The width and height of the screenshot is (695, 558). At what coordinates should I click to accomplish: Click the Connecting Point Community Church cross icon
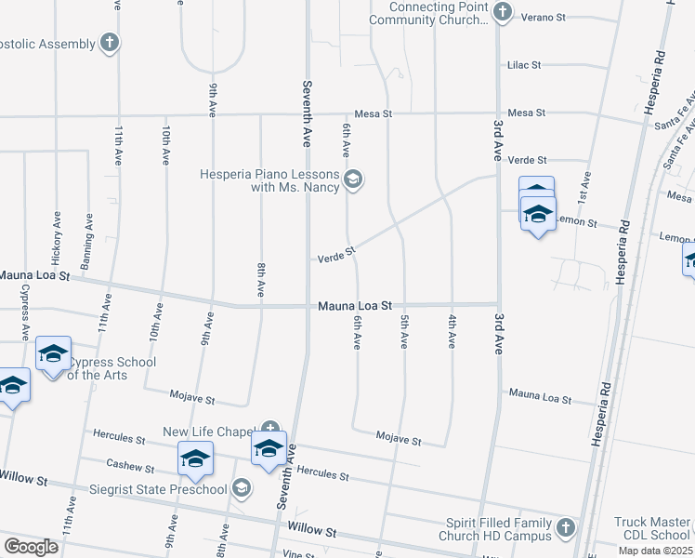coord(503,12)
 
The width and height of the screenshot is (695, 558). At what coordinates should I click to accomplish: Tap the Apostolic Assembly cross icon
coord(110,42)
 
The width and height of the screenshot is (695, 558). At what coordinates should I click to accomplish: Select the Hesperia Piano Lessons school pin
coord(353,179)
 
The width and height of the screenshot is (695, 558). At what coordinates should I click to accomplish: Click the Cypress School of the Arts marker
coord(54,353)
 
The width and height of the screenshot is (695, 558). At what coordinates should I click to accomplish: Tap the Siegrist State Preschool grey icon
coord(242,488)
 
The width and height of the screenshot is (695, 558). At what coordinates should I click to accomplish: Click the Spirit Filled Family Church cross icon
coord(565,530)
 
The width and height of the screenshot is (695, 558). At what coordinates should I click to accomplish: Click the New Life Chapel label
coord(209,432)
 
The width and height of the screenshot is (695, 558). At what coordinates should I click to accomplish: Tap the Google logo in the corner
coord(31,546)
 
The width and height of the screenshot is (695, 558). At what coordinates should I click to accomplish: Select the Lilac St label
coord(523,65)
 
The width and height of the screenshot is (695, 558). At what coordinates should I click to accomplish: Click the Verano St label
coord(548,17)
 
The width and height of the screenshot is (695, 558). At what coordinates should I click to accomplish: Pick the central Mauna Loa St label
coord(355,305)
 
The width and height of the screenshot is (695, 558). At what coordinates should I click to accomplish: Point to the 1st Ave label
coord(584,187)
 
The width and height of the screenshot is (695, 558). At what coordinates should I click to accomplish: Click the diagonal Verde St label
coord(336,253)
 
